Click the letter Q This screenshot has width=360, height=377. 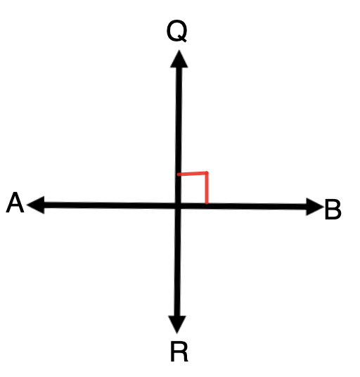click(x=176, y=31)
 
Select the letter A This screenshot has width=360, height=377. click(x=15, y=202)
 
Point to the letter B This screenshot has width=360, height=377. click(x=333, y=209)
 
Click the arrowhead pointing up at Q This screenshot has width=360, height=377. click(x=179, y=59)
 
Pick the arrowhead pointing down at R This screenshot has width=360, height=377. click(x=177, y=324)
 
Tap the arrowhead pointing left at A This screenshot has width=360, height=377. click(x=36, y=205)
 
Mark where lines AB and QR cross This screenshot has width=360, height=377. click(x=178, y=206)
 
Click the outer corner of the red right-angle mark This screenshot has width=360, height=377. click(x=207, y=172)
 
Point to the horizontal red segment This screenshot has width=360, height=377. click(x=192, y=173)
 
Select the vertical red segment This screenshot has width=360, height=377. click(x=207, y=188)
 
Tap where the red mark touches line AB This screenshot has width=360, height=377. click(x=207, y=203)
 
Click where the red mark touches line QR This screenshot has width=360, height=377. click(x=179, y=174)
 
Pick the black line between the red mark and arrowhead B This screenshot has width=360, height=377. click(x=257, y=206)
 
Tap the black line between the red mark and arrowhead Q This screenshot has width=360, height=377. click(x=179, y=120)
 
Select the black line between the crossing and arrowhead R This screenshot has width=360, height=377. click(x=178, y=262)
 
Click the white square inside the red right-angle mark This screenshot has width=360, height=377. click(x=193, y=188)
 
